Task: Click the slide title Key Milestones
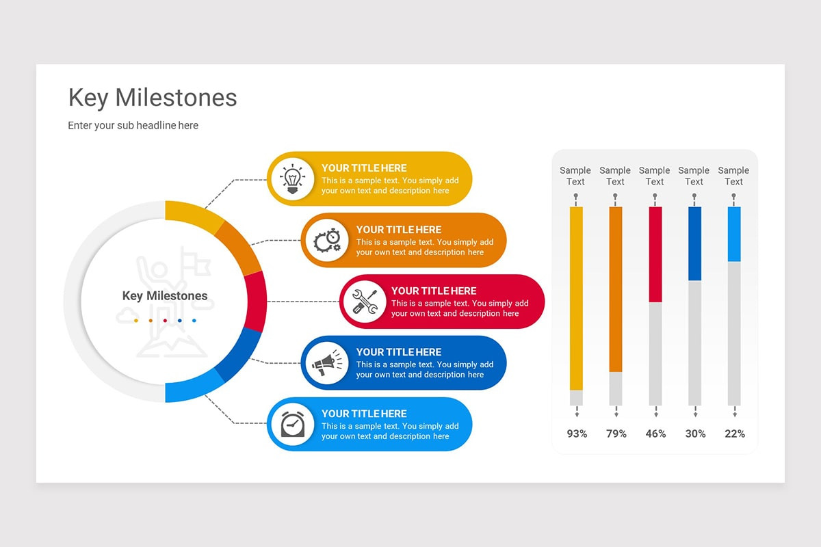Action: point(153,98)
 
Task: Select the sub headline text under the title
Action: point(133,125)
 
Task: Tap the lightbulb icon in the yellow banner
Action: point(293,178)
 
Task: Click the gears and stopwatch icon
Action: point(327,240)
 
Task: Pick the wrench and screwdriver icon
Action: point(364,302)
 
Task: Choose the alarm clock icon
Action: point(293,424)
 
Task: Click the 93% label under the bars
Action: point(577,433)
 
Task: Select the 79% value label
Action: point(616,433)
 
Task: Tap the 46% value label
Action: point(655,433)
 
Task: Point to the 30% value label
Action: point(695,433)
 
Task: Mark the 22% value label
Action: point(734,433)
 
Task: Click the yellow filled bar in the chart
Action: point(576,298)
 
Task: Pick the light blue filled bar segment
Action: point(734,234)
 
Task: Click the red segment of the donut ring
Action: point(256,302)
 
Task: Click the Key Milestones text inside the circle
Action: point(164,296)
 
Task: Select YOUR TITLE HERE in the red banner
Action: point(434,291)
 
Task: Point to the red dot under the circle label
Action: point(165,320)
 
